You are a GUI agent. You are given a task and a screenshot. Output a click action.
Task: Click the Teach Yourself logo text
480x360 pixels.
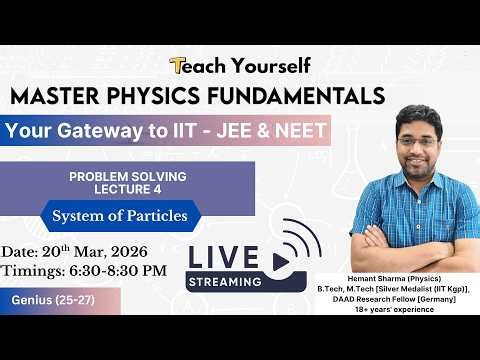pyautogui.click(x=240, y=66)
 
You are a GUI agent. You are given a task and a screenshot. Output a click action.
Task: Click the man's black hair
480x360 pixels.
pyautogui.click(x=418, y=115)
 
